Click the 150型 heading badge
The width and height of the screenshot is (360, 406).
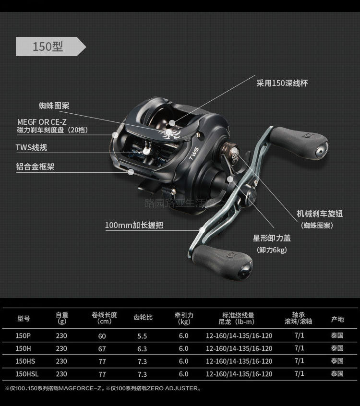[48, 47]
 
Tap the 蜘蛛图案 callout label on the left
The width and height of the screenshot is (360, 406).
[54, 106]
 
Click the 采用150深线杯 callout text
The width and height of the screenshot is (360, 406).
[282, 83]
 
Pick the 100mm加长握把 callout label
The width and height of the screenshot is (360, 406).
[134, 225]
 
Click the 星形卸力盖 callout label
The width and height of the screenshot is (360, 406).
[272, 238]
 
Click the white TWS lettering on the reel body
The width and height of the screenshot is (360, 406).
[193, 153]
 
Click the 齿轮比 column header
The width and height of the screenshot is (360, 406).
[143, 318]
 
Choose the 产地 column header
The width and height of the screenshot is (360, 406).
[337, 319]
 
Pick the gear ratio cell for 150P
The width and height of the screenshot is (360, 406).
[142, 336]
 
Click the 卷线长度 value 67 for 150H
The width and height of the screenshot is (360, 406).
[102, 348]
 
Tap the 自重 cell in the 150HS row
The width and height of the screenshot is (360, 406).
[61, 361]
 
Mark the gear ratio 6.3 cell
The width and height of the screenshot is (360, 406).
[142, 348]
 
